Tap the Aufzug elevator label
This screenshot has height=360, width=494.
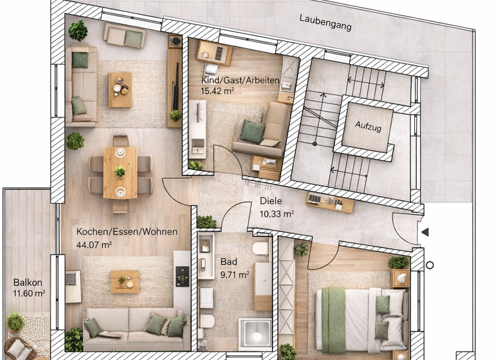[x=368, y=128]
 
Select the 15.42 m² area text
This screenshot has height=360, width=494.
[x=215, y=91]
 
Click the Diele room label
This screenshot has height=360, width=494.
[x=269, y=200]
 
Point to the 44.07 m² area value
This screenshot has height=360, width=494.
[x=95, y=244]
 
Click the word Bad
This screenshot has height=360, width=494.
[x=228, y=262]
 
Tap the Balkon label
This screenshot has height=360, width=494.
[x=28, y=282]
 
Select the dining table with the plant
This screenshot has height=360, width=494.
[x=120, y=171]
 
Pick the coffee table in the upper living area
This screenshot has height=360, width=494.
[x=120, y=89]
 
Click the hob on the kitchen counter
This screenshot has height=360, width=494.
[x=182, y=277]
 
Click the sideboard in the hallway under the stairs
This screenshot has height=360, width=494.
[x=329, y=202]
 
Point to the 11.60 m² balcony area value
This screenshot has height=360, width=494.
[x=29, y=294]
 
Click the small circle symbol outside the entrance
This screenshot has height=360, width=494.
[x=430, y=265]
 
